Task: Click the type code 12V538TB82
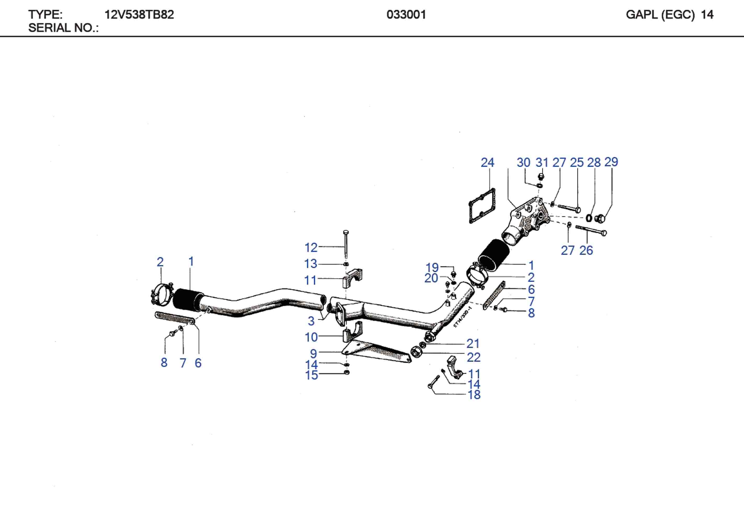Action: pyautogui.click(x=139, y=15)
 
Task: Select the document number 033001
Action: pyautogui.click(x=406, y=15)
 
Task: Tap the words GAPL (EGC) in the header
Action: pyautogui.click(x=660, y=15)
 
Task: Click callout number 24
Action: pyautogui.click(x=487, y=162)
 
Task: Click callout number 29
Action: pyautogui.click(x=611, y=162)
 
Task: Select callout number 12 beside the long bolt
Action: pyautogui.click(x=311, y=247)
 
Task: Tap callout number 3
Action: pyautogui.click(x=311, y=321)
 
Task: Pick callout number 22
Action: pyautogui.click(x=473, y=357)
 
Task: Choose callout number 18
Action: pyautogui.click(x=474, y=395)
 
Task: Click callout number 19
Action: pyautogui.click(x=432, y=267)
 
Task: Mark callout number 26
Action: pyautogui.click(x=586, y=250)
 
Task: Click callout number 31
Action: pyautogui.click(x=542, y=162)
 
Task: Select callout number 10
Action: pyautogui.click(x=311, y=337)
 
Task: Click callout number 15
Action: pyautogui.click(x=311, y=375)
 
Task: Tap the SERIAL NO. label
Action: pyautogui.click(x=63, y=28)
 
